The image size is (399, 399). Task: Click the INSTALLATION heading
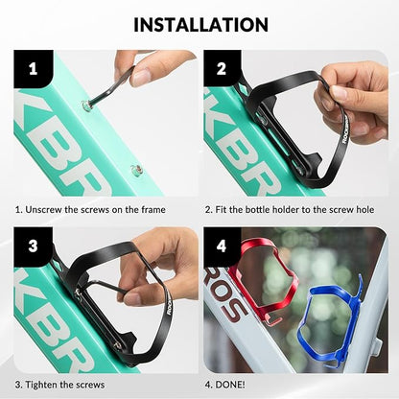(x=200, y=25)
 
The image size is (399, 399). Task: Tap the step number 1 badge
(x=33, y=68)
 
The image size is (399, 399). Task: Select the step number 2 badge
(x=222, y=68)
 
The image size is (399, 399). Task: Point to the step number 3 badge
(x=33, y=246)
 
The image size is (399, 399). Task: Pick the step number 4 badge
(x=222, y=246)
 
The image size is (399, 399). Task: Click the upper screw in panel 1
(x=85, y=106)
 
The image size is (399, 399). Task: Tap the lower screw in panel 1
(x=135, y=170)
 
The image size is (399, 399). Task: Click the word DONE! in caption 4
(x=230, y=385)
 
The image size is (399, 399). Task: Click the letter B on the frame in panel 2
(x=237, y=153)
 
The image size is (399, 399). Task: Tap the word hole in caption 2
(x=364, y=210)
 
